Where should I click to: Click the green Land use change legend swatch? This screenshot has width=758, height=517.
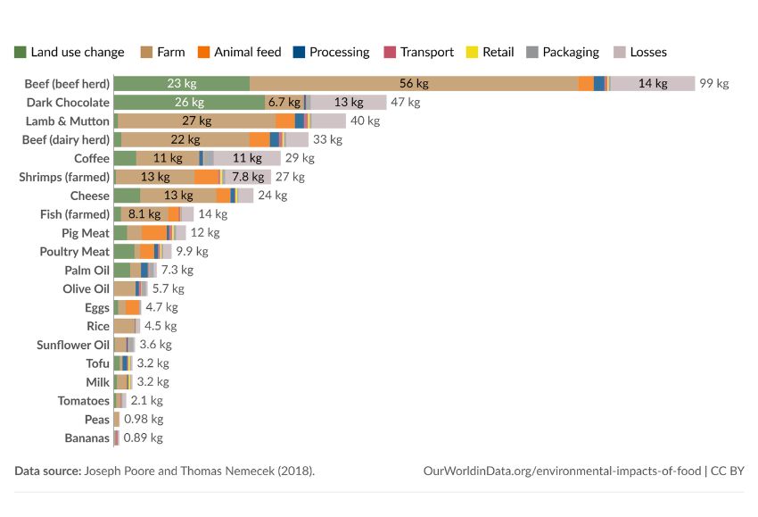[x=20, y=52]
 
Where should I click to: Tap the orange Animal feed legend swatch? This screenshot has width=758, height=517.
[x=203, y=52]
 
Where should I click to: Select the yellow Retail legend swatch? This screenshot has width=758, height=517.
[x=472, y=52]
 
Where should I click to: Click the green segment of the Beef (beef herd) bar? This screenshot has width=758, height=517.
[x=182, y=83]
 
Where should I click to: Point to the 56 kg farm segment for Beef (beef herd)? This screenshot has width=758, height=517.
[x=414, y=83]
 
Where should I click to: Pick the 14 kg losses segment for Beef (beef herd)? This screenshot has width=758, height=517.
[x=653, y=83]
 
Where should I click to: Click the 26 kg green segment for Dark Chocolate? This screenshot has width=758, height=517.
[x=189, y=102]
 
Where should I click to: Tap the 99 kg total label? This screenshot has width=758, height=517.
[x=714, y=83]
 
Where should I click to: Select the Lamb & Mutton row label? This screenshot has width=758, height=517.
[x=67, y=121]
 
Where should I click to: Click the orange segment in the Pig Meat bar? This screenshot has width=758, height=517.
[x=154, y=233]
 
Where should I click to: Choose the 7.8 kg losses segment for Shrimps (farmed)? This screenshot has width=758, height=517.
[x=248, y=177]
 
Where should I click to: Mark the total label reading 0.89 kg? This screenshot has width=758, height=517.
[x=143, y=438]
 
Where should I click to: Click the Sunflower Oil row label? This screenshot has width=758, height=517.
[x=73, y=345]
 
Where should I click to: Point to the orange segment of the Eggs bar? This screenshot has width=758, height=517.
[x=133, y=307]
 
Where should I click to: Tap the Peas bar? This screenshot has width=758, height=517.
[x=117, y=419]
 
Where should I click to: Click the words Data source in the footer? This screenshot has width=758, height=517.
[x=48, y=471]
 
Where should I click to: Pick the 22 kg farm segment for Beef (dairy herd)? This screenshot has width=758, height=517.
[x=185, y=139]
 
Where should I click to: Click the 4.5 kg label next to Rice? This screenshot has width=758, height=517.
[x=161, y=326]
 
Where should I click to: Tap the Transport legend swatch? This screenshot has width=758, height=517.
[x=390, y=52]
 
